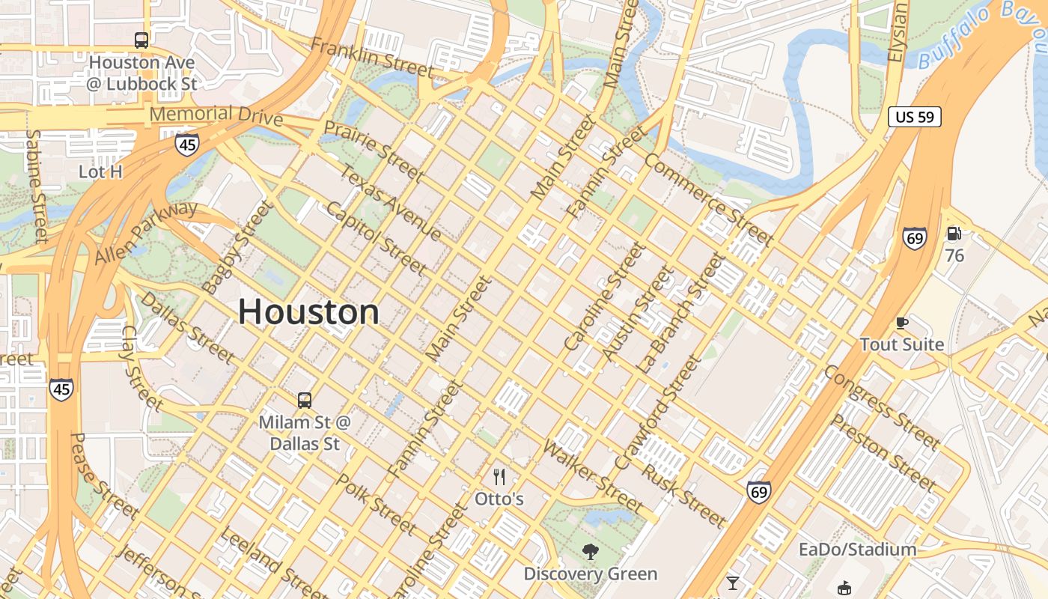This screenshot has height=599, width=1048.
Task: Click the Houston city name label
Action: point(308,311)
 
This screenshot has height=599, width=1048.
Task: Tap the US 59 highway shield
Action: point(914,117)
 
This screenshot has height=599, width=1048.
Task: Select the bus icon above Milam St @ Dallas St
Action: point(304,400)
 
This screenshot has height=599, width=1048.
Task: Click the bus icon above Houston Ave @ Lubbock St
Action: point(141,40)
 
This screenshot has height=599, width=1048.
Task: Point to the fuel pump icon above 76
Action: point(954,234)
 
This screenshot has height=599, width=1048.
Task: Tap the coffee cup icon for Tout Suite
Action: point(901,323)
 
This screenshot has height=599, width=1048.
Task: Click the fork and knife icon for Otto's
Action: point(499,476)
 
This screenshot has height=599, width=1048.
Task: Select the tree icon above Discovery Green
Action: point(591,553)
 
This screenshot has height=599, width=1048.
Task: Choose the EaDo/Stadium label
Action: point(857,550)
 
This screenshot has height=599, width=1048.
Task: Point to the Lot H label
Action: point(100,171)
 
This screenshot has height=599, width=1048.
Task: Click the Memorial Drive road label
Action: point(216,115)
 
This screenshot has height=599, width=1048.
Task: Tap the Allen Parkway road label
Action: point(147,231)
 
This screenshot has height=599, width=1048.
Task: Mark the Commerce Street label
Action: point(708,199)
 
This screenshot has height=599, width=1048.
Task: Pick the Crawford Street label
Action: point(658,413)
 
